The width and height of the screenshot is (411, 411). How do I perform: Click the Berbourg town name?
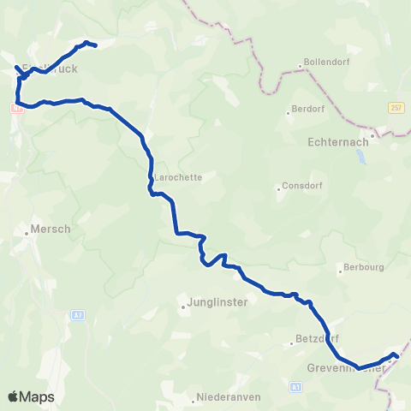coord(361,267)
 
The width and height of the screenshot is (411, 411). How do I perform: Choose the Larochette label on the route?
coord(179,178)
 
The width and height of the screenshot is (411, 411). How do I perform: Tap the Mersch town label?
coord(48,229)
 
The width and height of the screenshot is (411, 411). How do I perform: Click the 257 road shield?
coord(396,107)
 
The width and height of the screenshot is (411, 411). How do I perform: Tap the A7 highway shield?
coord(77,314)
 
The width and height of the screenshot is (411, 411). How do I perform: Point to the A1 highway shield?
coord(296,387)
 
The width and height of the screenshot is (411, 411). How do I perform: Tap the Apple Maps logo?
coord(32,396)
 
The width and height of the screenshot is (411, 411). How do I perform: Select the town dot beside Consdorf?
coord(279,188)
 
